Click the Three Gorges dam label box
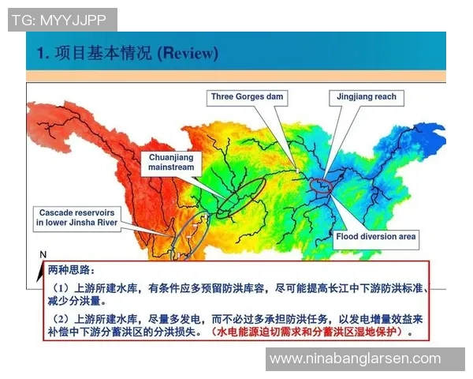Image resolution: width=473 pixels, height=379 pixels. (x=248, y=97)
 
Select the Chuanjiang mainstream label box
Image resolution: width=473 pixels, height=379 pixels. (x=172, y=163)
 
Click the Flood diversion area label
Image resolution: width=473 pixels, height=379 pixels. (x=375, y=236)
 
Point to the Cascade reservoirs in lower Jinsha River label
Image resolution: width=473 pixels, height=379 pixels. (x=77, y=218)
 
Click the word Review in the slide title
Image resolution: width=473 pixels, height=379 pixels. (x=188, y=53)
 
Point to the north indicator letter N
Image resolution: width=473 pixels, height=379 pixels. (x=43, y=254)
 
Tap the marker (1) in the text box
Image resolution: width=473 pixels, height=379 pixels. (x=63, y=287)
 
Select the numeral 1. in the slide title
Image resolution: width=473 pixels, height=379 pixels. (x=43, y=53)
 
